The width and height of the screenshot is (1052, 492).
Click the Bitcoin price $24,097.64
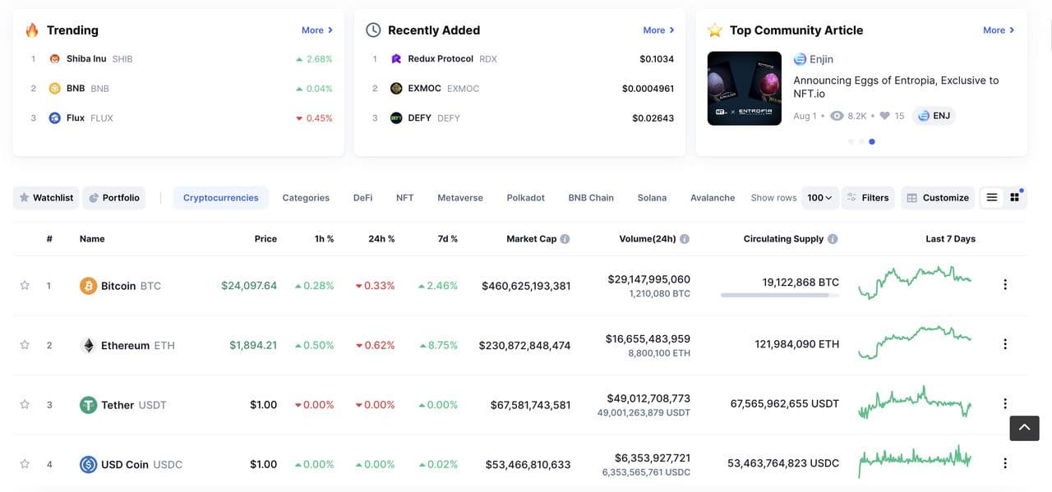point(248,286)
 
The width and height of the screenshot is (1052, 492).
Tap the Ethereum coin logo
point(88,346)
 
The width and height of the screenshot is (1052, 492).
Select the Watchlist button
point(46,198)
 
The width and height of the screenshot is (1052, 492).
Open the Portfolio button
point(113,198)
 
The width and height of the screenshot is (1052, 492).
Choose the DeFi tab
point(362,198)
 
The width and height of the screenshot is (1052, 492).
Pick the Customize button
point(937,198)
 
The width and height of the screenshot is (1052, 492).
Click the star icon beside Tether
point(25,405)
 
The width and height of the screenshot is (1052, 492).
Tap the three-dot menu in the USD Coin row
point(1004,463)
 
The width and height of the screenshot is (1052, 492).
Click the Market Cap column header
point(531,239)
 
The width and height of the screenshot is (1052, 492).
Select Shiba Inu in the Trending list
point(85,59)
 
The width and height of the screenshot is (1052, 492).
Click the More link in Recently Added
point(658,30)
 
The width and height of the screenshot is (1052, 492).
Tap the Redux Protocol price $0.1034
point(656,59)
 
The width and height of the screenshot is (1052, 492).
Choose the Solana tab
point(652,198)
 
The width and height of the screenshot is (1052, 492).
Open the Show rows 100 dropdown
point(819,198)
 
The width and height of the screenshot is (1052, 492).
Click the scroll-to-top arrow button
point(1024,428)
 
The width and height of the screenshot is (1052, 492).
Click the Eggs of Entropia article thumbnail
point(744,89)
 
